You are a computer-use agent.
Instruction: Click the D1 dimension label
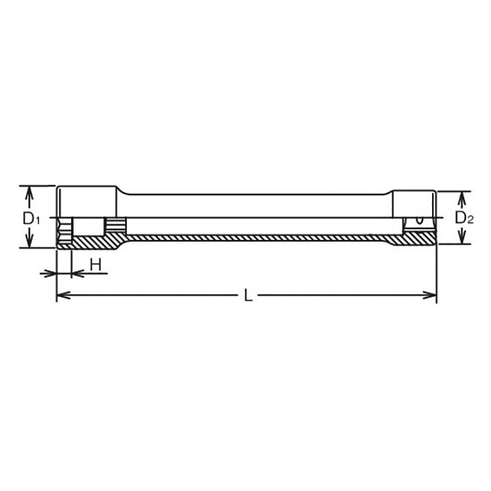31,217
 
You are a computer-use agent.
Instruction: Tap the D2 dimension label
465,217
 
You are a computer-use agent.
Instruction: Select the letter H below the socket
96,265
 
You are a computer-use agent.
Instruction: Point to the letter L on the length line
247,296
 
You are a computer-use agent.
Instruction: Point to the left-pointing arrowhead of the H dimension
77,273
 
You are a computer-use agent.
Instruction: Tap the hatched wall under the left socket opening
92,242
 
